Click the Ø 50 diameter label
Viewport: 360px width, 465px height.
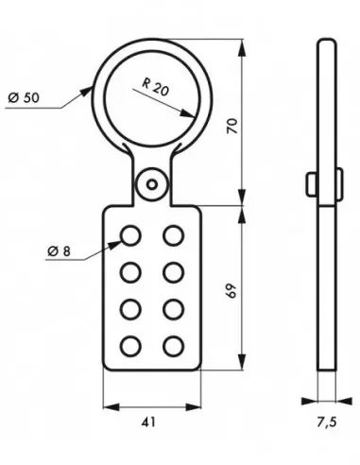(23, 98)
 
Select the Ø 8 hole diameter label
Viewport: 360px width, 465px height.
(58, 250)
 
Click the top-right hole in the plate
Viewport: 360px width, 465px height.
(172, 233)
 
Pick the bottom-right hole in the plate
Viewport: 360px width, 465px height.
(172, 345)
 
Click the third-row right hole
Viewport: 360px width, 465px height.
(172, 308)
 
